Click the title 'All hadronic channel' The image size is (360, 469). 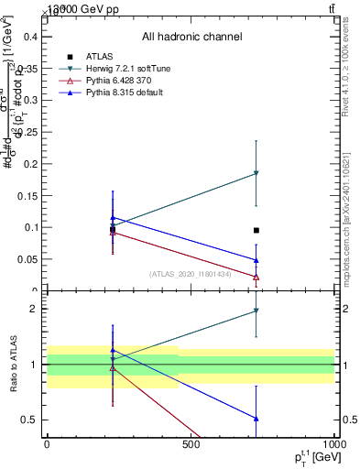click(x=191, y=38)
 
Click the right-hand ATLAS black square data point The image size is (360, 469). click(x=256, y=231)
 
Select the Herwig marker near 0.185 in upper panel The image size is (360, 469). click(x=256, y=173)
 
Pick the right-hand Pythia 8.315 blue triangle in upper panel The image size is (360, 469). click(x=256, y=260)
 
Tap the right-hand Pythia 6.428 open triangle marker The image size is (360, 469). click(x=256, y=277)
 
